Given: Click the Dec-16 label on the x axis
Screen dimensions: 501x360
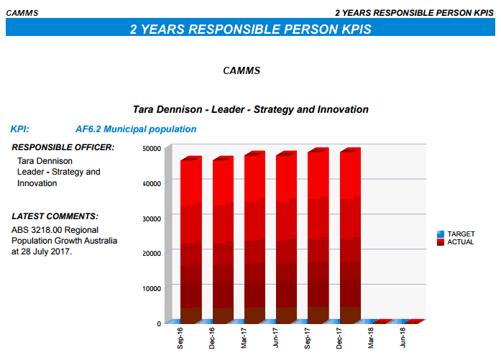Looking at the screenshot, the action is coord(212,338).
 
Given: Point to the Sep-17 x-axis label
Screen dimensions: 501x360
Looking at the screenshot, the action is coord(307,338).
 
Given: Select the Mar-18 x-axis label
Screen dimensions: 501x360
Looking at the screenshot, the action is coord(371,338).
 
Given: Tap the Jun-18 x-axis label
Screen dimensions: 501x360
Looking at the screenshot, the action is coord(403,338).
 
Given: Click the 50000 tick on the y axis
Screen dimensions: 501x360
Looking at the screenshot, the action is coord(152,149).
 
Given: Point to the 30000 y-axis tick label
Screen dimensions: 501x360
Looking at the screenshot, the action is coord(152,219).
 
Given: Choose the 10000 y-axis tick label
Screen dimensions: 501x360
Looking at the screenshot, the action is coord(152,288).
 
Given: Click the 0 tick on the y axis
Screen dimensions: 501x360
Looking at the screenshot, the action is coord(159,323).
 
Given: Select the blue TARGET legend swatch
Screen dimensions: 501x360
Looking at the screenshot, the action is coord(441,234).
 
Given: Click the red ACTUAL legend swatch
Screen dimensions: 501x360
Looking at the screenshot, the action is coord(441,242).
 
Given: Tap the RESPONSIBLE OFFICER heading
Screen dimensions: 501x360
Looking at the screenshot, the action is coord(63,147).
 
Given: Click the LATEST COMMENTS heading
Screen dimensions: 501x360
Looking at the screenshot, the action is coord(55,216).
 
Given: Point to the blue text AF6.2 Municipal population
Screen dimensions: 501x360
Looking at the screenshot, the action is coord(136,129).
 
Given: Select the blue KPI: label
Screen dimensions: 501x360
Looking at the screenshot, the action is coord(20,129).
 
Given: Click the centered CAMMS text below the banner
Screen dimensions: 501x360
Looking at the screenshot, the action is coord(242,70).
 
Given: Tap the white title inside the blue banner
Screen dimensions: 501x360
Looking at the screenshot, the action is coord(250,29).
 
